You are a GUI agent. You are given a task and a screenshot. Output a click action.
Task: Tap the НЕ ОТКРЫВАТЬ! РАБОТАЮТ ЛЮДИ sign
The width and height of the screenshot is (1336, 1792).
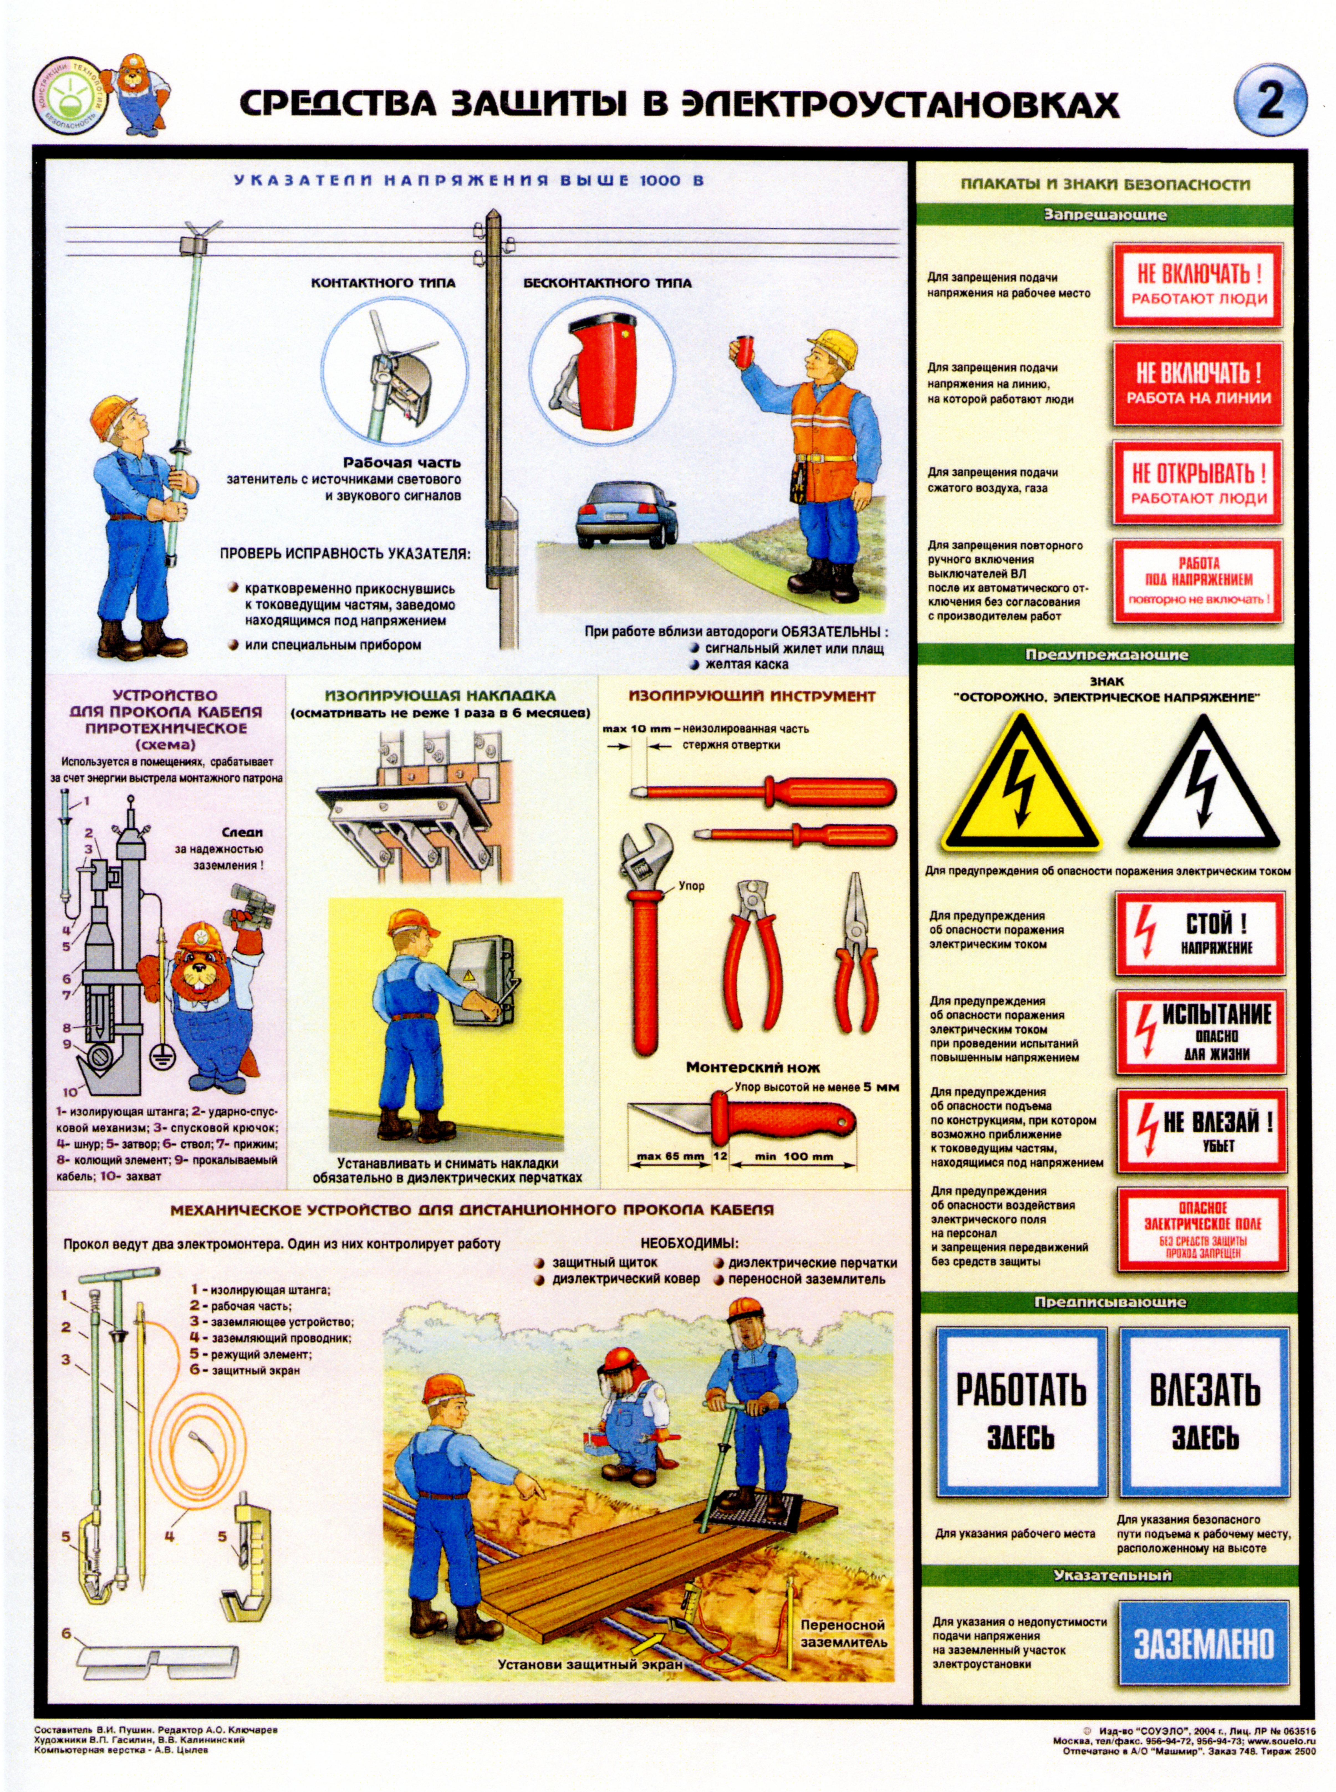pyautogui.click(x=1198, y=483)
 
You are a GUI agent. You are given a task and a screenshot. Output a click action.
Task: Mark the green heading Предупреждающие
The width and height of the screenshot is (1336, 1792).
pyautogui.click(x=1107, y=655)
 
